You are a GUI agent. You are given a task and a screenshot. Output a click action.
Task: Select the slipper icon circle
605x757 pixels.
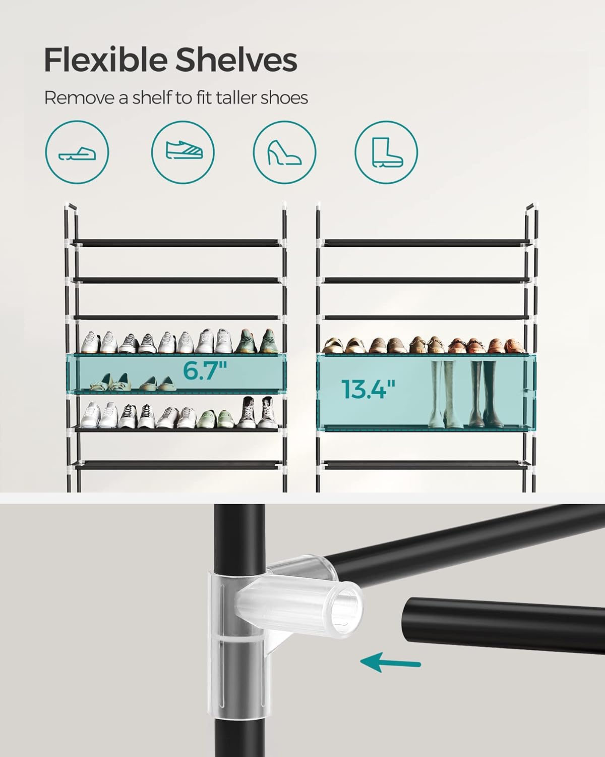click(77, 151)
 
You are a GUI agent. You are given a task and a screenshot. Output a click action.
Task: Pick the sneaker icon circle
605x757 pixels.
click(183, 151)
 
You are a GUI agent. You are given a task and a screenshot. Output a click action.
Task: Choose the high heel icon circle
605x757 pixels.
click(285, 151)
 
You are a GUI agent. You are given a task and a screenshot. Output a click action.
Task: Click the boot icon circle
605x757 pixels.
click(386, 151)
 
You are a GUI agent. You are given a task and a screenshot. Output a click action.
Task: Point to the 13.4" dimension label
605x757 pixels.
click(368, 390)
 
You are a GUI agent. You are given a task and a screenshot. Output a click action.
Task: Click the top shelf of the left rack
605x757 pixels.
click(176, 243)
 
